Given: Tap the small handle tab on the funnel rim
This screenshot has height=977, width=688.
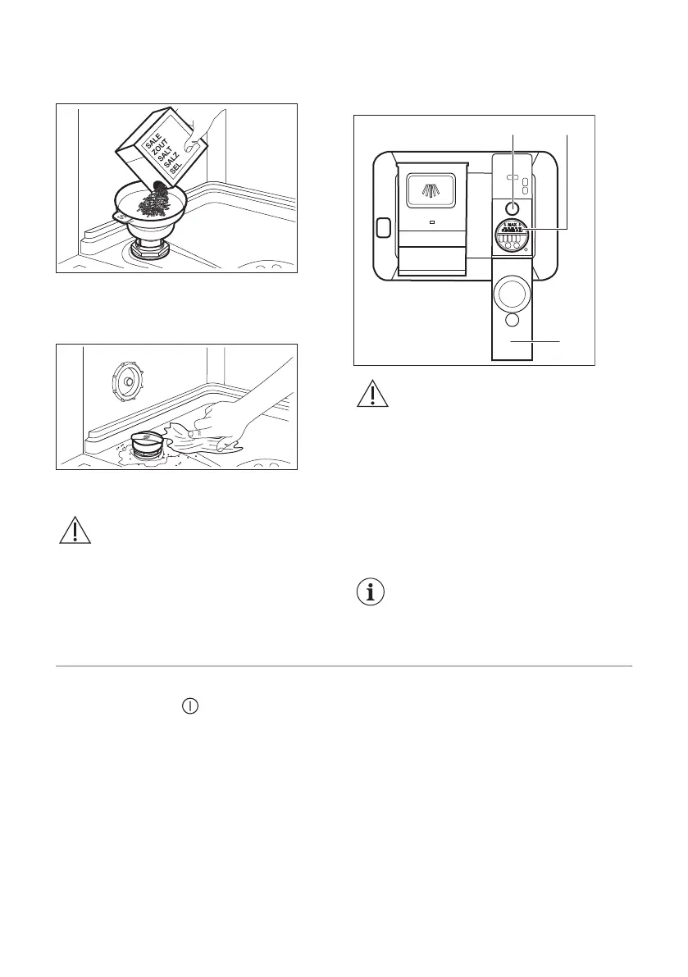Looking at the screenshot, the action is [121, 217].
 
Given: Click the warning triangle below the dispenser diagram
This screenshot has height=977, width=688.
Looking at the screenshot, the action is [372, 395].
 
